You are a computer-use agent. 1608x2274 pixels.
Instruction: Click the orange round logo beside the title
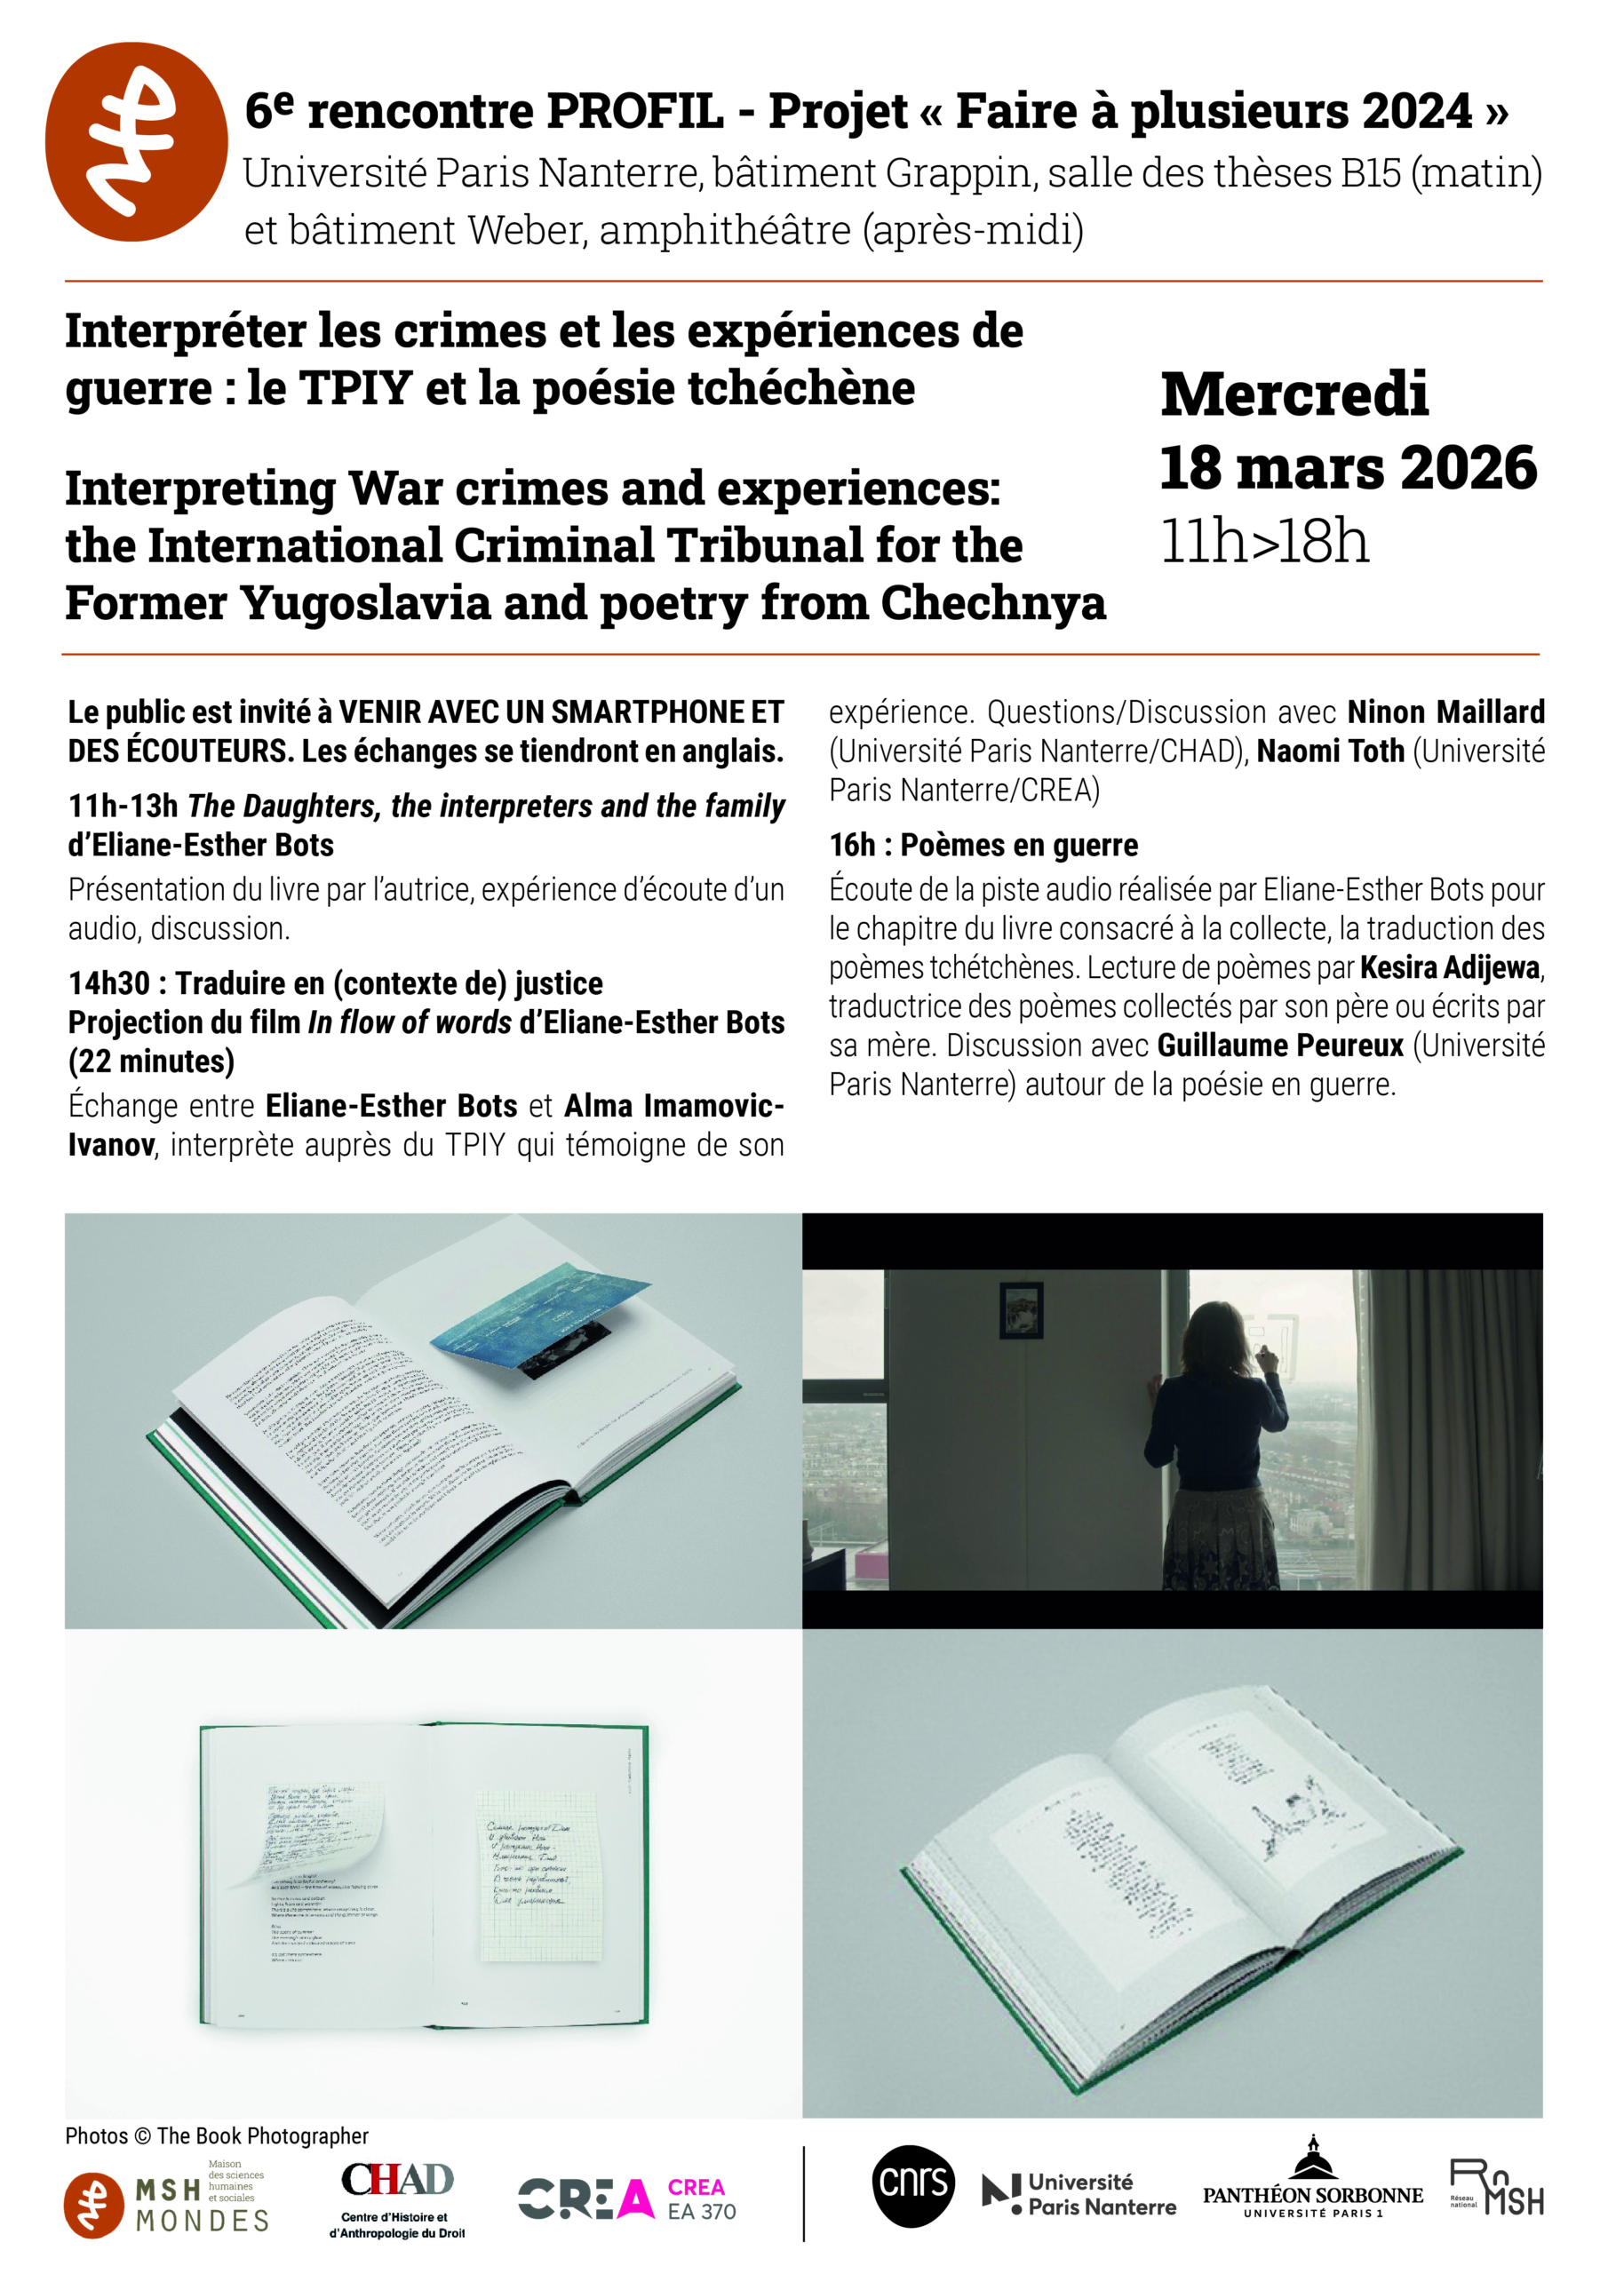pos(136,141)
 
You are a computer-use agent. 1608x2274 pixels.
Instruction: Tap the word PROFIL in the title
pos(634,111)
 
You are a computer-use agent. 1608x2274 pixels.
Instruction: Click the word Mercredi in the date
pos(1294,394)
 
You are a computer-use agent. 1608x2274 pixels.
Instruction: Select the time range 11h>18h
pos(1264,542)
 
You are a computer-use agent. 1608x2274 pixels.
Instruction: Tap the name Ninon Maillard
pos(1445,712)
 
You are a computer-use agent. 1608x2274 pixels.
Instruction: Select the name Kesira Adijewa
pos(1451,966)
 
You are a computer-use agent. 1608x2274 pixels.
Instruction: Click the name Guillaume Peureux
pos(1280,1045)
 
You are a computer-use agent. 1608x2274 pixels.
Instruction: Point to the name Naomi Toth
pos(1330,751)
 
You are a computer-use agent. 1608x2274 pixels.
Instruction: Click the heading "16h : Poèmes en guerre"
pos(983,845)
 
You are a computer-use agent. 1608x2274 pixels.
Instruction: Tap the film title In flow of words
pos(410,1022)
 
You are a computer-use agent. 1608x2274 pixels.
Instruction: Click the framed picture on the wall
pos(1021,1309)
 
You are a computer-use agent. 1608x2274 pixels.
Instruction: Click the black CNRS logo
pos(912,2185)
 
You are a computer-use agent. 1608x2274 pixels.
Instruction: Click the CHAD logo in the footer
pos(397,2197)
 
